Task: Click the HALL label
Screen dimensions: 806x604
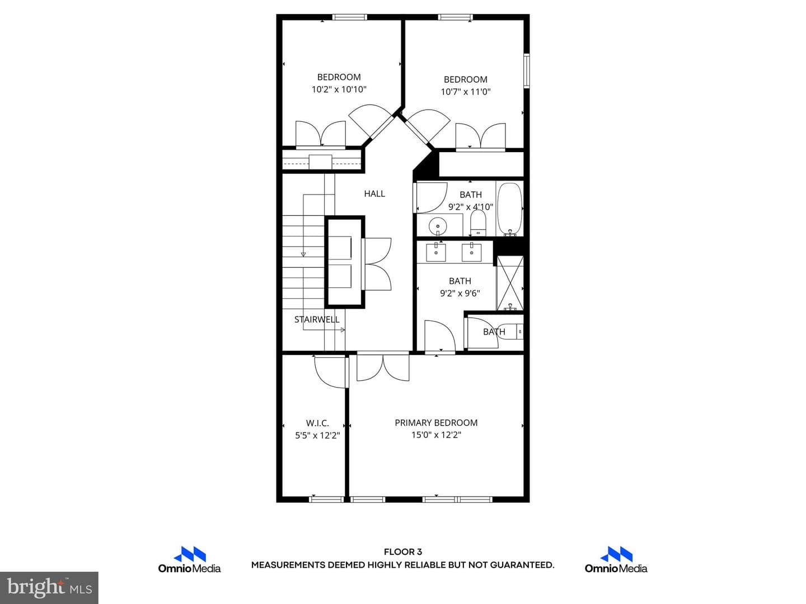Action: click(374, 194)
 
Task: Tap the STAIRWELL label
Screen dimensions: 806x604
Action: click(317, 319)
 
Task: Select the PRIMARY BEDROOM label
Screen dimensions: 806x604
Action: click(436, 422)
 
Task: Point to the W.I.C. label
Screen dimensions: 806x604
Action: click(317, 423)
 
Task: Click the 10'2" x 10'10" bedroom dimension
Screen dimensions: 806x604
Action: click(339, 89)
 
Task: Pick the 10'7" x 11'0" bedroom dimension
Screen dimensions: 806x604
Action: click(466, 92)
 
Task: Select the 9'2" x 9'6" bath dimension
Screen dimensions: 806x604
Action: click(460, 294)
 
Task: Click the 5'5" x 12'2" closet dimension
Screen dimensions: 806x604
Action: click(317, 436)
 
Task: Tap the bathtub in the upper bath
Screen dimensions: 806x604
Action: click(509, 209)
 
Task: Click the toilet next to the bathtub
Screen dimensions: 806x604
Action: click(478, 223)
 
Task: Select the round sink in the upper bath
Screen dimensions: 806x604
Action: click(437, 226)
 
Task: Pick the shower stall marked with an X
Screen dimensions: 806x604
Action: click(510, 283)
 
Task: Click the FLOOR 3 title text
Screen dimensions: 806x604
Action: click(403, 551)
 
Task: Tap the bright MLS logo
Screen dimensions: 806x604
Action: click(49, 587)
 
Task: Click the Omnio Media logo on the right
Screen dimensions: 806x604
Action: click(616, 560)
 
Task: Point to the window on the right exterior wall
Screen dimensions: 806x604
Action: click(527, 71)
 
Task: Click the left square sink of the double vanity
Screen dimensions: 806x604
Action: click(436, 252)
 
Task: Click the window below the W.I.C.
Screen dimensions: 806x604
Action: click(326, 499)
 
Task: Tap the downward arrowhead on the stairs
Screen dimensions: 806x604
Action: click(303, 254)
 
